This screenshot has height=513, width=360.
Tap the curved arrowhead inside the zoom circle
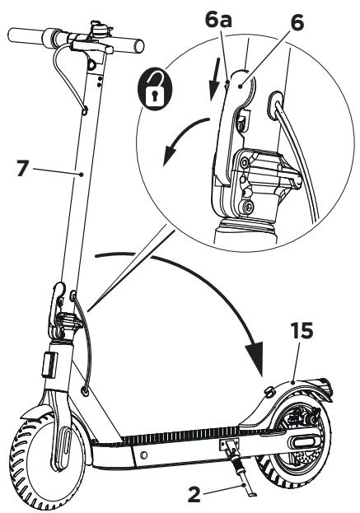pos(169,157)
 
